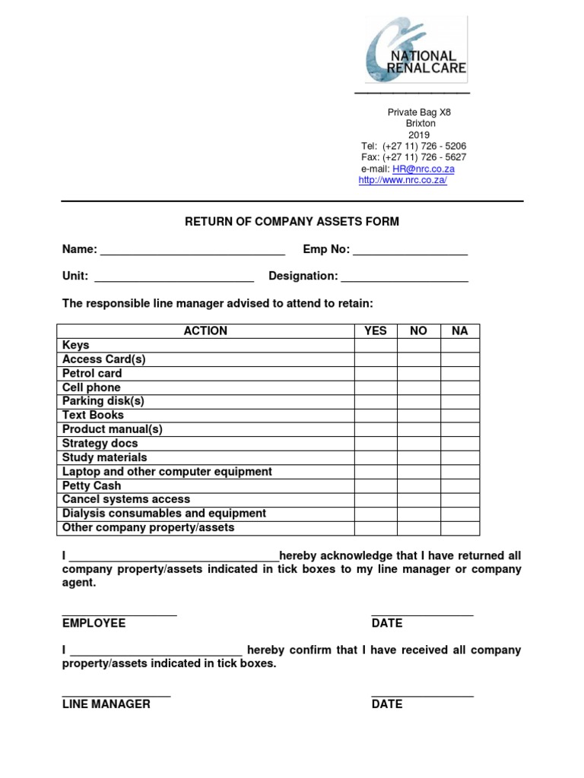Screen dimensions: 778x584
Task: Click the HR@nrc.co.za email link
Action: click(423, 169)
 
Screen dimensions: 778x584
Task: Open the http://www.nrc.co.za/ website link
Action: click(402, 181)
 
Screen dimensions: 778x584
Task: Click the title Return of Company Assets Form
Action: click(292, 222)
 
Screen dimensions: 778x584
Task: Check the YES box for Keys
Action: click(376, 346)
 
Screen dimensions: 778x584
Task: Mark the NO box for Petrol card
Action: click(418, 374)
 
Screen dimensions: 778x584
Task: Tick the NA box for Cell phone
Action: click(460, 387)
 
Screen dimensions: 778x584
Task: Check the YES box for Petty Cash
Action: click(376, 486)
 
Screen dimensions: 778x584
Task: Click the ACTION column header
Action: click(205, 331)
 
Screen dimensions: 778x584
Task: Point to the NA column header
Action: click(460, 331)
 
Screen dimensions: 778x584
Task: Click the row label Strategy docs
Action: click(100, 444)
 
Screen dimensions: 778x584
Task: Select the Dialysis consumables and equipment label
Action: click(164, 514)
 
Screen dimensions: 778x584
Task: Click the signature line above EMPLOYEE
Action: click(119, 612)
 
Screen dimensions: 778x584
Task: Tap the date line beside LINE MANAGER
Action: click(422, 694)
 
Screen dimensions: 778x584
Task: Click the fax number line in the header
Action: click(414, 157)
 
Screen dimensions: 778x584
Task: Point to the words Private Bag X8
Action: click(419, 112)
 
